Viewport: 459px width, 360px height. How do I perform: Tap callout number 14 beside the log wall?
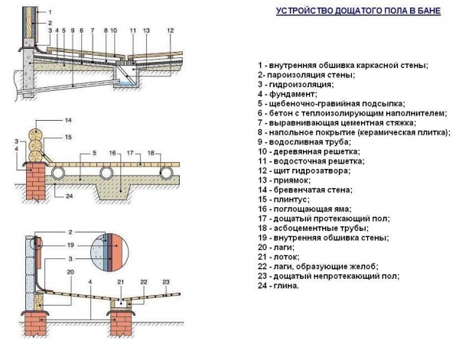pos(67,122)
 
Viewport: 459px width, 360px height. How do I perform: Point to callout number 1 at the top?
pos(51,13)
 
